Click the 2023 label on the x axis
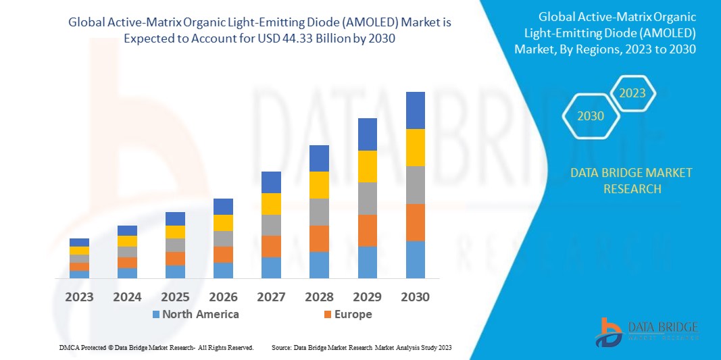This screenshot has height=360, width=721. (79, 297)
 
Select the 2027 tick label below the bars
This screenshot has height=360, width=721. (271, 297)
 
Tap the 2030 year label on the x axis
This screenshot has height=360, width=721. (415, 297)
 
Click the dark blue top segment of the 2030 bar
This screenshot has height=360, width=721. (415, 110)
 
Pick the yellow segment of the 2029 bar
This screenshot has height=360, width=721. (367, 166)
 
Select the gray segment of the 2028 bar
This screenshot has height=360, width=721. (319, 211)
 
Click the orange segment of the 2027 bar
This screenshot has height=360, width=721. (271, 246)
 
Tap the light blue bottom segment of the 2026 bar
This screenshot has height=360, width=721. (223, 270)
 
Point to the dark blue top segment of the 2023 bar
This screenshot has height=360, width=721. (79, 242)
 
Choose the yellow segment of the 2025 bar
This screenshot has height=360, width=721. (175, 232)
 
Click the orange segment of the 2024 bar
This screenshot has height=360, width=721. (127, 262)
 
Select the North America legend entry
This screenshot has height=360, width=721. (196, 314)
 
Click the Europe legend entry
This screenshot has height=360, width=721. (348, 314)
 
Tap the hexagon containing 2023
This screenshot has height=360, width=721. (632, 93)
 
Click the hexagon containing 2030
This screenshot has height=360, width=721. (590, 116)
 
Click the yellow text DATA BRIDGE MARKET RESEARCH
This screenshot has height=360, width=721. (631, 180)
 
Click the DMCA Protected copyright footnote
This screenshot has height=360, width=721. (156, 347)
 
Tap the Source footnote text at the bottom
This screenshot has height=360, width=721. (362, 347)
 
